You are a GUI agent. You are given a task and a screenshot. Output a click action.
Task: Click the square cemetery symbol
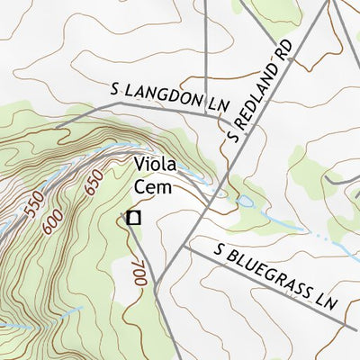[x=134, y=217]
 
